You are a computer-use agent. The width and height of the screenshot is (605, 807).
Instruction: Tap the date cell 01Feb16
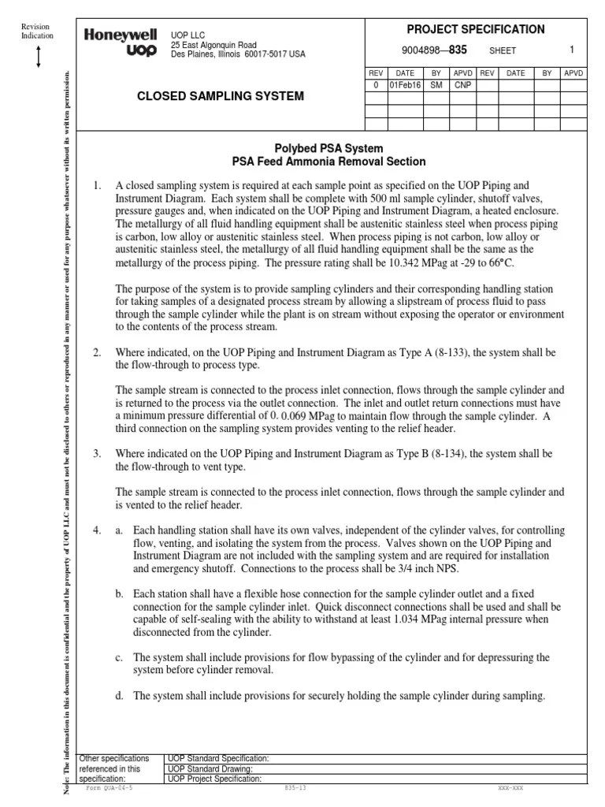click(x=404, y=84)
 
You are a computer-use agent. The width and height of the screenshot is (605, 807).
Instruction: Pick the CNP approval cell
click(x=463, y=84)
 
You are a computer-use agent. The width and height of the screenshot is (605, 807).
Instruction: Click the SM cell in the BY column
click(x=436, y=84)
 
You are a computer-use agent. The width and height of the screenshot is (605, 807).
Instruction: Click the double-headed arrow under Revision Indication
click(x=38, y=58)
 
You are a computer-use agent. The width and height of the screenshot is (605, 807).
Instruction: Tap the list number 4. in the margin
click(x=97, y=531)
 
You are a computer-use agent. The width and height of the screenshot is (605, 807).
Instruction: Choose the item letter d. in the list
click(x=120, y=696)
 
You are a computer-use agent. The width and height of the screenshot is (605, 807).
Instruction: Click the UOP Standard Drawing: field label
click(x=210, y=768)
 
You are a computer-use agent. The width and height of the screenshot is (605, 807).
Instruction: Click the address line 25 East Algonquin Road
click(x=215, y=45)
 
